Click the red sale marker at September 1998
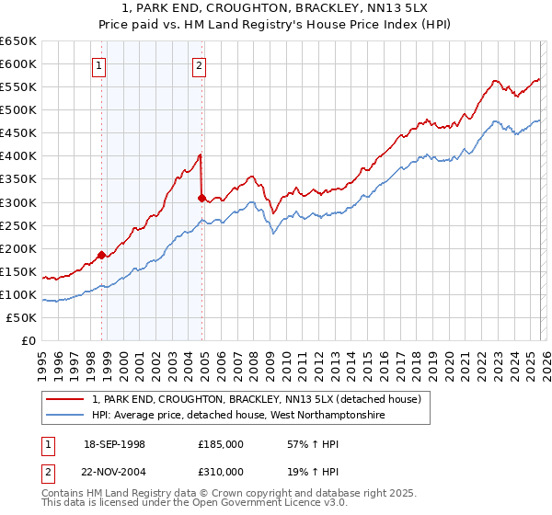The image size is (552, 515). pos(101,255)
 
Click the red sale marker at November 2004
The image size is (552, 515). pos(201,197)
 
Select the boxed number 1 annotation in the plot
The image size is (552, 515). pos(98,65)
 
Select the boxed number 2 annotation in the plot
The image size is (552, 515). pos(199,65)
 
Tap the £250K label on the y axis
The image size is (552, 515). pos(18,225)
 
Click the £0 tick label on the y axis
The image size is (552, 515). pos(29,340)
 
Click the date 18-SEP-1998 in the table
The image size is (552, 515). pos(114,444)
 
